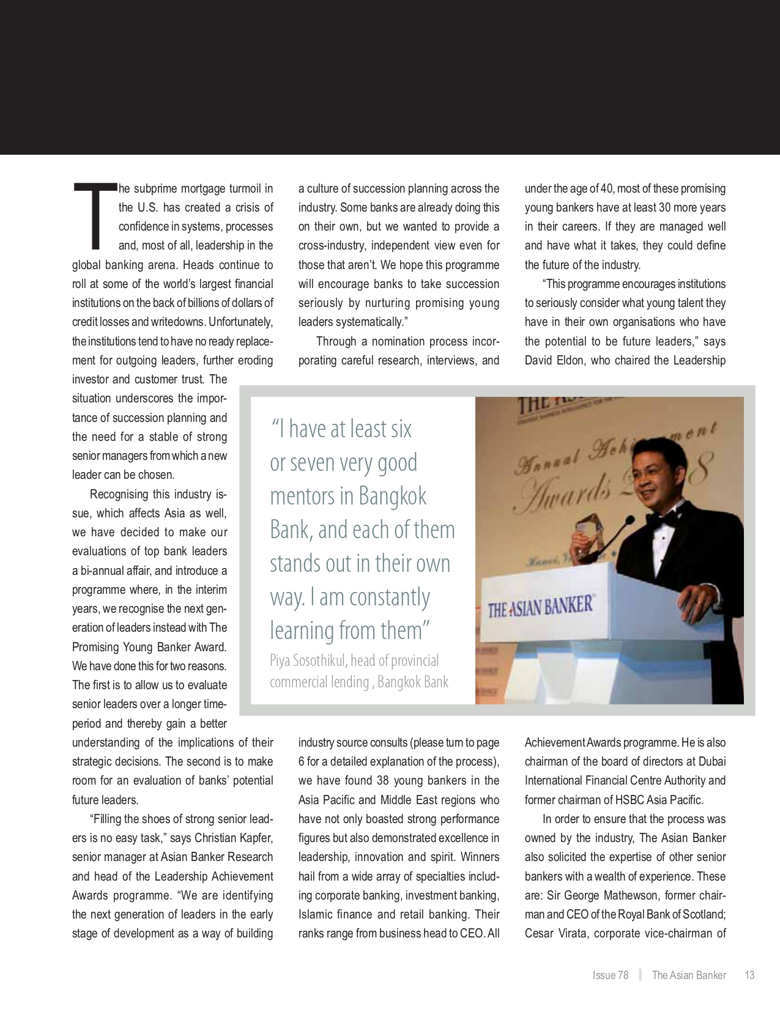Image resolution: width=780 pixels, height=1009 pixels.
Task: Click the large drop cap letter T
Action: pyautogui.click(x=95, y=215)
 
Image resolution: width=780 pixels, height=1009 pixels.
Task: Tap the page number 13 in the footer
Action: pyautogui.click(x=749, y=975)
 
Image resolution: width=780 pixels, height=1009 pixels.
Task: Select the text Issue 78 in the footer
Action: pyautogui.click(x=610, y=975)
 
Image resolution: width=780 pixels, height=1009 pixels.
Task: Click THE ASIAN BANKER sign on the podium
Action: pyautogui.click(x=540, y=607)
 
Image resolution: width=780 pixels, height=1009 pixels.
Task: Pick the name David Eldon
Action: pyautogui.click(x=554, y=360)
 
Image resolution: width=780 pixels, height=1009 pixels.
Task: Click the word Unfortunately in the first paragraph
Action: pyautogui.click(x=241, y=322)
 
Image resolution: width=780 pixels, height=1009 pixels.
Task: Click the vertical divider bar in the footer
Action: pyautogui.click(x=640, y=975)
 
